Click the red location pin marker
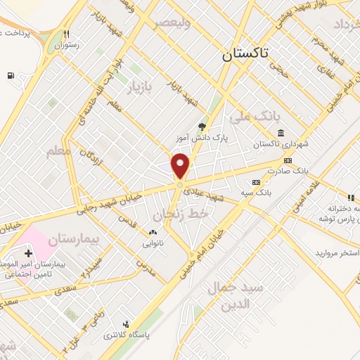click(x=181, y=166)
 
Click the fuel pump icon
click(x=10, y=75)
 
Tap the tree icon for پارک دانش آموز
click(x=202, y=127)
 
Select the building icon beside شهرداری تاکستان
click(x=281, y=134)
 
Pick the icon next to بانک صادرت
click(x=287, y=161)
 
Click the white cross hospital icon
click(x=28, y=253)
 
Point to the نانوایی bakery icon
click(x=153, y=232)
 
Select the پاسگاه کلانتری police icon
click(x=125, y=324)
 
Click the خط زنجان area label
click(x=172, y=208)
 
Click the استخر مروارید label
click(x=337, y=252)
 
